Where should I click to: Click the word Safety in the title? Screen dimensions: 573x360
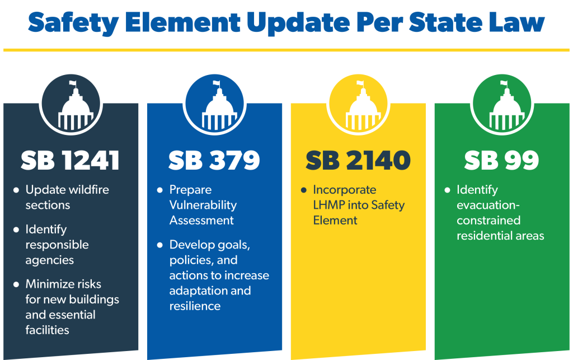point(73,23)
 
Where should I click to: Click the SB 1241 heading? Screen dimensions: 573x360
point(70,160)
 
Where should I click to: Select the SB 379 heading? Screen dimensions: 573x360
point(214,160)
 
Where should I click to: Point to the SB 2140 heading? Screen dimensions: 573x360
point(358,160)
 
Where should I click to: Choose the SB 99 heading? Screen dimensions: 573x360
point(501,160)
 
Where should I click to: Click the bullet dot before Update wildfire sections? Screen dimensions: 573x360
point(16,190)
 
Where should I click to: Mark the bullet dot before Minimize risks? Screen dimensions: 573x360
point(16,284)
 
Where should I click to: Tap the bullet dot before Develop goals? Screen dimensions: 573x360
point(159,245)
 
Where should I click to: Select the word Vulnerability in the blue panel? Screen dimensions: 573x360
point(203,205)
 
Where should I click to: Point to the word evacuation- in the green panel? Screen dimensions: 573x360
point(488,205)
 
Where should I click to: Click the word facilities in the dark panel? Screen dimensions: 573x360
point(47,330)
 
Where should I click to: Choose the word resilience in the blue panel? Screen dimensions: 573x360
point(195,306)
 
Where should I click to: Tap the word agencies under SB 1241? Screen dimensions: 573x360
point(50,260)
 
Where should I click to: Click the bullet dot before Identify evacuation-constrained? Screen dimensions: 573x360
point(447,190)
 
